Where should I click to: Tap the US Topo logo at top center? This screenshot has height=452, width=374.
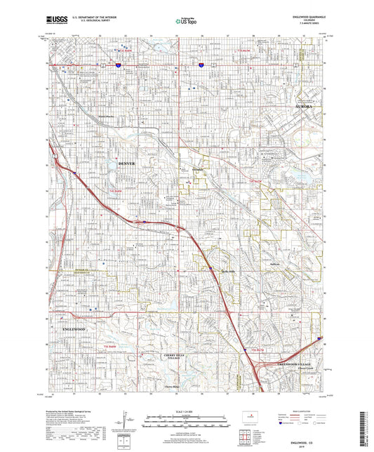[x=186, y=22]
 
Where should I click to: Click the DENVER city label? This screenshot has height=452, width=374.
[x=126, y=164]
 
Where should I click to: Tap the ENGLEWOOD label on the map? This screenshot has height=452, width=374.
[x=72, y=328]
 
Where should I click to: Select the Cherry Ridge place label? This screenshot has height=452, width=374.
[x=172, y=387]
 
